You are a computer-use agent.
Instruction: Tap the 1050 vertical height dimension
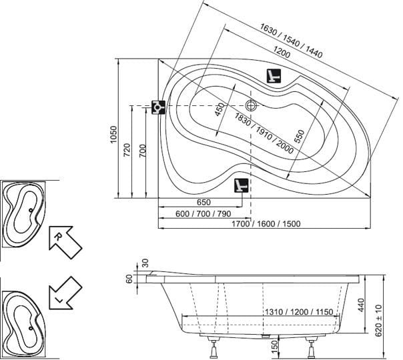(113, 137)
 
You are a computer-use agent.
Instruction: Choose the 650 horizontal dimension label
(204, 203)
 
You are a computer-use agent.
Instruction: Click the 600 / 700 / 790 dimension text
(203, 213)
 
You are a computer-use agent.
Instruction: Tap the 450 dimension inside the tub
(220, 109)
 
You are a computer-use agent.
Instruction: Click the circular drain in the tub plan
(252, 105)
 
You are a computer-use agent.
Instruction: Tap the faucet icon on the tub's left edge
(158, 107)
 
